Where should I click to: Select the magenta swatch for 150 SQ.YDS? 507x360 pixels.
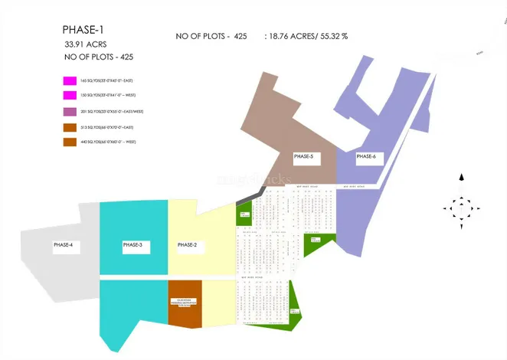coord(70,95)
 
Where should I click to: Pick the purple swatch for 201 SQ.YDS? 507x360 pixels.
coord(70,111)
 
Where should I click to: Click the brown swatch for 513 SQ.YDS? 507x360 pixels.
coord(70,126)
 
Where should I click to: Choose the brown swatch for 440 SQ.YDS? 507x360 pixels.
coord(70,142)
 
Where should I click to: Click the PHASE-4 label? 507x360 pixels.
coord(63,245)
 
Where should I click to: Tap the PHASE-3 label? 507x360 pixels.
coord(132,245)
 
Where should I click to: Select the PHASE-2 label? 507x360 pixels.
coord(188,245)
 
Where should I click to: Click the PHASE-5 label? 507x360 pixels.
coord(303,157)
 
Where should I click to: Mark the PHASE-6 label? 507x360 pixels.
coord(366,157)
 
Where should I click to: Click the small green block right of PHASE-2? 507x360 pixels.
coord(244,214)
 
